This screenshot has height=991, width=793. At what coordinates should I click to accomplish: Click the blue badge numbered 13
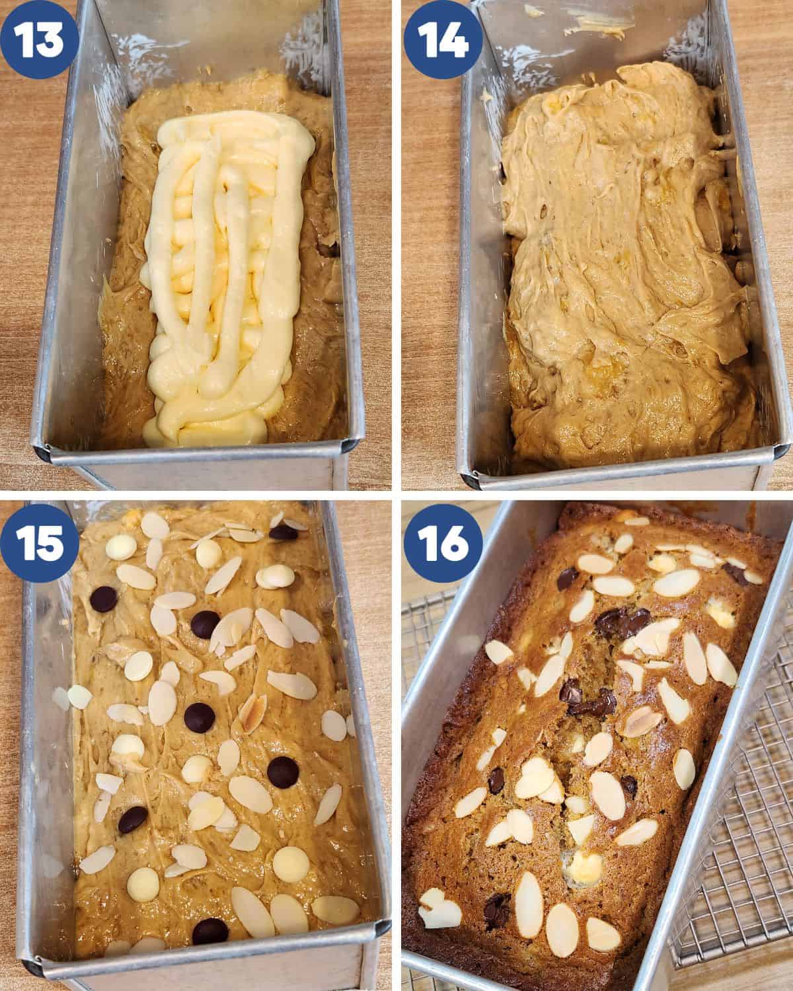(39, 39)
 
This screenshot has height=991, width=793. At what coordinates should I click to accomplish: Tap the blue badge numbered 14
(443, 39)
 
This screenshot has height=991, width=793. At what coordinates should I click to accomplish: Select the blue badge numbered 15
(39, 543)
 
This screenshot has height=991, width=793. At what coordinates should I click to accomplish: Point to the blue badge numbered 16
(443, 543)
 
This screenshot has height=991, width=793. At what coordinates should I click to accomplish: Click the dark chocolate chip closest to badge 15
(103, 599)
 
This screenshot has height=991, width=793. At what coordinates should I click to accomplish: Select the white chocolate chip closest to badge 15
(121, 546)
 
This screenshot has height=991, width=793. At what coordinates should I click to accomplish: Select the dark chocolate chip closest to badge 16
(568, 578)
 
